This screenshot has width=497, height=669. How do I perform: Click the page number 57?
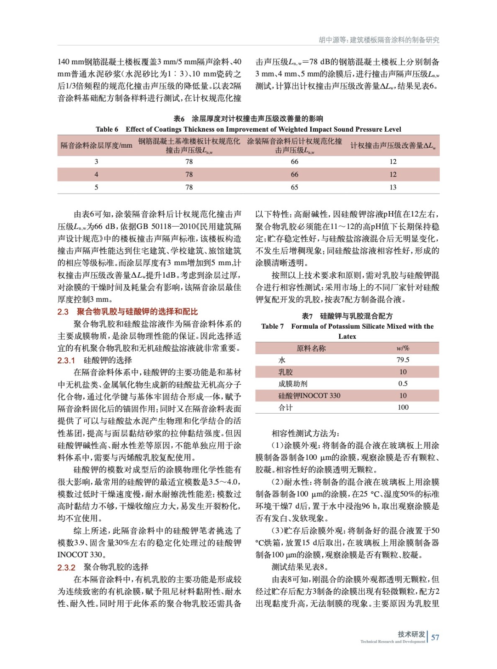tap(435, 637)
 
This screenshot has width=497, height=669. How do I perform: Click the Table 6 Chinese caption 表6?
tap(179, 119)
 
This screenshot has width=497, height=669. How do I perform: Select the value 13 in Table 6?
tap(393, 187)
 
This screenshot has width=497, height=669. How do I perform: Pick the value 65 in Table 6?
tap(294, 187)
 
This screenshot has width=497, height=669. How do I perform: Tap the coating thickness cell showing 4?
tap(96, 174)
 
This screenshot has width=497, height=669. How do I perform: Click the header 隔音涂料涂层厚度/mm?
tap(96, 146)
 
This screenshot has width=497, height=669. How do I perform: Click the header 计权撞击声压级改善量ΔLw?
tap(393, 146)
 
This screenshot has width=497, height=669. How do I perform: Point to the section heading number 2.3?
tap(63, 312)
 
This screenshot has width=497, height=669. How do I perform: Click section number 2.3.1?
tap(66, 360)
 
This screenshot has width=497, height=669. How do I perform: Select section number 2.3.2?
tap(66, 567)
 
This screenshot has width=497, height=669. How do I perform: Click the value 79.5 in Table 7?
tap(403, 360)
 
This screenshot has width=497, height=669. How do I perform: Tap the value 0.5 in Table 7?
tap(403, 383)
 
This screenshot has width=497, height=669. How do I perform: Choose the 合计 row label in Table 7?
tap(286, 407)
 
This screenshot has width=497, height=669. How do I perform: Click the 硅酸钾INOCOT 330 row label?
tap(309, 396)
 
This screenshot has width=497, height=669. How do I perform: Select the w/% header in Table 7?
tap(403, 348)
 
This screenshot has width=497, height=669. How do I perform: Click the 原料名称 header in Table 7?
tap(311, 348)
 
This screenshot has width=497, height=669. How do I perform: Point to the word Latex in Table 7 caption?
tap(347, 336)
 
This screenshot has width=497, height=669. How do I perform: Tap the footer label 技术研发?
tap(411, 634)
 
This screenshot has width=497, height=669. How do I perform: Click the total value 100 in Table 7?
tap(403, 407)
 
